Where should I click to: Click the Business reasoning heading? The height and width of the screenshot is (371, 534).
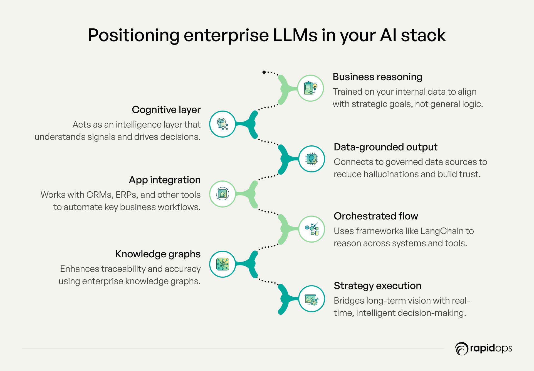377,77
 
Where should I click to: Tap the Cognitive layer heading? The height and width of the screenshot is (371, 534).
166,110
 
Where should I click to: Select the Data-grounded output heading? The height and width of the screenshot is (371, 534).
385,147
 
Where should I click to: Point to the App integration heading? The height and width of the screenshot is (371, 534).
165,180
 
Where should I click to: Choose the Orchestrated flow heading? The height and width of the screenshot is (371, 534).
376,216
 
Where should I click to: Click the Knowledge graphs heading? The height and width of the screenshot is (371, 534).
158,254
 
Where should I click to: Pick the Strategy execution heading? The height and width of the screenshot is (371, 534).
377,286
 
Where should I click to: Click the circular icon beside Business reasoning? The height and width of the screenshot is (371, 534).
310,88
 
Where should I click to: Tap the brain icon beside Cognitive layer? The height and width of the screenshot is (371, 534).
222,124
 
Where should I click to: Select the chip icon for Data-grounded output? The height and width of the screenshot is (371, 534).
311,159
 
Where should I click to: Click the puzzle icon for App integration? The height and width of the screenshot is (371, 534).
222,194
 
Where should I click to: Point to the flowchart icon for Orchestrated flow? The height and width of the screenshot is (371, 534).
311,229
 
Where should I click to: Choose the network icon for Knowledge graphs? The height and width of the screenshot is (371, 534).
222,264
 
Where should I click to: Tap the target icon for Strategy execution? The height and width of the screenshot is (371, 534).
311,299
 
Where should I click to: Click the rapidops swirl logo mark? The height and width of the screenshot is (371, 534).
461,348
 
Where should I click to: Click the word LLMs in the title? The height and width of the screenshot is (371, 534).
295,35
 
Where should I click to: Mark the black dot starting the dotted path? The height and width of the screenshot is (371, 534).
264,72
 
